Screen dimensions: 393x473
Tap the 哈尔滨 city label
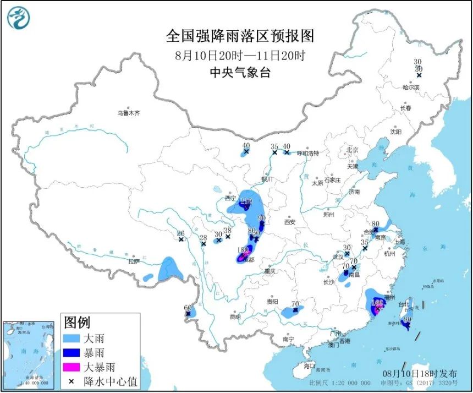pos(411,87)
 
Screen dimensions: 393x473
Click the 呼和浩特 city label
pos(308,152)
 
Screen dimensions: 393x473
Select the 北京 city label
pos(352,150)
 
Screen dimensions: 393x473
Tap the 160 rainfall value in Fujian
pos(377,302)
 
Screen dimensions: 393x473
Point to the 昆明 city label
pos(235,317)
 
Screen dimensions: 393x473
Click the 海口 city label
pos(310,365)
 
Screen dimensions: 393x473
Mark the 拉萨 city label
pos(134,262)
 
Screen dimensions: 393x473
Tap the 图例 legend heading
pos(77,322)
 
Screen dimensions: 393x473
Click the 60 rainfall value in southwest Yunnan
pos(188,308)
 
